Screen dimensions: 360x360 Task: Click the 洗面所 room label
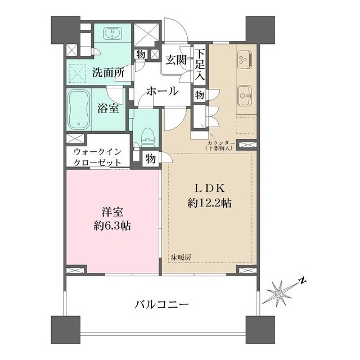(109, 73)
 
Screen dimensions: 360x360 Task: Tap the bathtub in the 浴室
(79, 110)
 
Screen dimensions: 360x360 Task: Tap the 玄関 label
(176, 60)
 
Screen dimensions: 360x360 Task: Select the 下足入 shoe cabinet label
(200, 65)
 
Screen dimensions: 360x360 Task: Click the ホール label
(163, 91)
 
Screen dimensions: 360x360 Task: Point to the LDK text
(209, 189)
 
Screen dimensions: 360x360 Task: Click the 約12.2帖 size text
(209, 203)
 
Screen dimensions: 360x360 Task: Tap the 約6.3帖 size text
(112, 226)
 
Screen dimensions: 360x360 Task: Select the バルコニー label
(161, 305)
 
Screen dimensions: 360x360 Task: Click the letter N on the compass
(303, 280)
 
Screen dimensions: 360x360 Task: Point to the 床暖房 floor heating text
(181, 258)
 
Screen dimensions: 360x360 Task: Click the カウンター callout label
(220, 142)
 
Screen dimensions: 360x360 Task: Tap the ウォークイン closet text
(97, 152)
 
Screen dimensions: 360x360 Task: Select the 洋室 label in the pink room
(112, 212)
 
